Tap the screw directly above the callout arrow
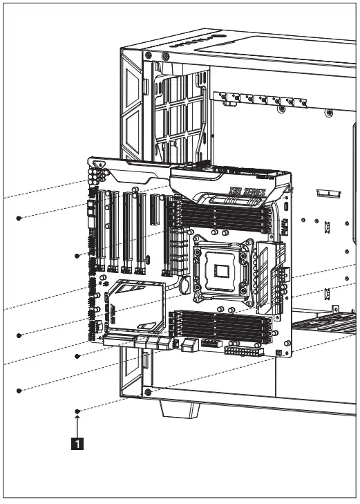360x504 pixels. click(x=77, y=411)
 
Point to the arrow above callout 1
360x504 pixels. click(x=77, y=423)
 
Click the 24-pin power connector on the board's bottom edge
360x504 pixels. click(x=243, y=351)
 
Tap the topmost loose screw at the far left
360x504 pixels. click(x=19, y=218)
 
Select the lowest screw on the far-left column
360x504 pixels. click(x=19, y=391)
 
